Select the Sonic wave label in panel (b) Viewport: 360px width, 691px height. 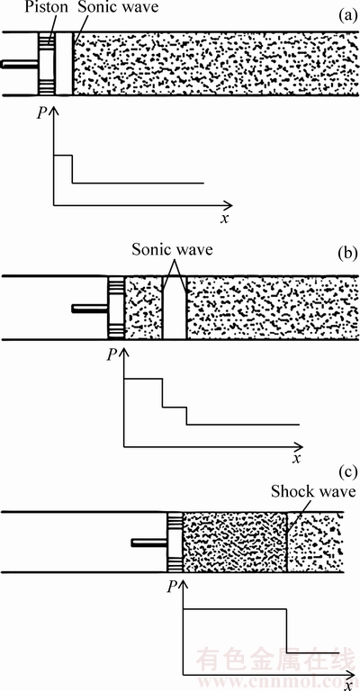click(x=172, y=250)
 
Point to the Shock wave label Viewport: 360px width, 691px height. click(x=313, y=492)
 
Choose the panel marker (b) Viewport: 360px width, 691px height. click(x=346, y=256)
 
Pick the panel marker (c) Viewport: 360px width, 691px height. click(x=346, y=473)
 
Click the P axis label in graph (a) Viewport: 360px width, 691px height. click(x=41, y=113)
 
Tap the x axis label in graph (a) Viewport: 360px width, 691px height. click(x=225, y=218)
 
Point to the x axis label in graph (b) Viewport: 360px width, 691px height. click(x=297, y=458)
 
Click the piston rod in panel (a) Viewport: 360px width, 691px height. click(x=20, y=64)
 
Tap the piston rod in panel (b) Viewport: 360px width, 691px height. click(x=90, y=309)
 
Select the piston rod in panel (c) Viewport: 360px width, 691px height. click(x=149, y=543)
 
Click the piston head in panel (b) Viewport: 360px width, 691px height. click(x=117, y=308)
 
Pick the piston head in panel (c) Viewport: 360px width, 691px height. click(x=175, y=543)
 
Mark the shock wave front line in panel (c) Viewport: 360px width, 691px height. click(x=287, y=543)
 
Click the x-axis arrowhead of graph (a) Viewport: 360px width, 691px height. click(x=228, y=205)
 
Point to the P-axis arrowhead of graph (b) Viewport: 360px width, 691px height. click(x=124, y=353)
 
